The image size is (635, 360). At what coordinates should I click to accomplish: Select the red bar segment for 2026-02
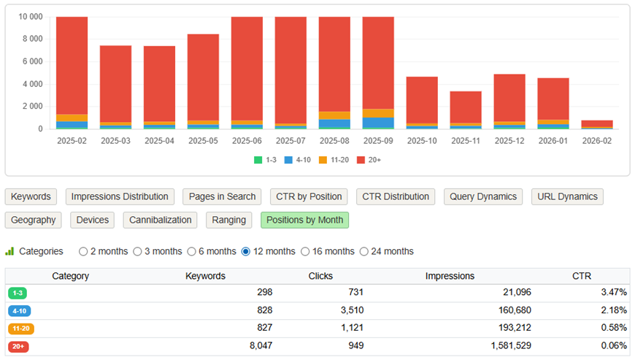(597, 123)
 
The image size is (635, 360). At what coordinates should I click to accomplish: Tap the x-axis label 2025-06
(247, 140)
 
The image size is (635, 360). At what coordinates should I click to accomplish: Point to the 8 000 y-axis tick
(30, 39)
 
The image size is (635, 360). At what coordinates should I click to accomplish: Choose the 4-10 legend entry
(297, 159)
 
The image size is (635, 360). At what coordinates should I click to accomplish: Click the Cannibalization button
(161, 220)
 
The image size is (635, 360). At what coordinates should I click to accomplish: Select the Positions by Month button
(304, 220)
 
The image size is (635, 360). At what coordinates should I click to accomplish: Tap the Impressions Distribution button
(120, 196)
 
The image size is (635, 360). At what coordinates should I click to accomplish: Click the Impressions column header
(450, 276)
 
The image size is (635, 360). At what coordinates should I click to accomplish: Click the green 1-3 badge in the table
(17, 293)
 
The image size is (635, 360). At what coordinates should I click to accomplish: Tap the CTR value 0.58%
(612, 329)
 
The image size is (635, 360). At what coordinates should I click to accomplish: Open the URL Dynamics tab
(567, 196)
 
